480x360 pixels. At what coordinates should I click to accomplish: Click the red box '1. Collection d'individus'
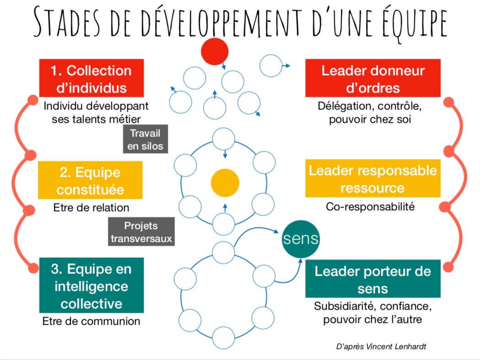92,78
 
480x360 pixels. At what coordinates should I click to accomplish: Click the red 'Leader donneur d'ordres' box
372,78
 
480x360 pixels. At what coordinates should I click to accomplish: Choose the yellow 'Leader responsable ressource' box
372,179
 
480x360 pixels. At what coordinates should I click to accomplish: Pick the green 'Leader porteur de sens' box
372,279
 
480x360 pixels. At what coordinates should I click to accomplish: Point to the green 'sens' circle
300,240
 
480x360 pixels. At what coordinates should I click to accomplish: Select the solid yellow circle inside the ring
225,182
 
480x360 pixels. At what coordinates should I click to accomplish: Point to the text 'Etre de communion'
91,321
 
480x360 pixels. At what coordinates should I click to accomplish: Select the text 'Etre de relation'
91,207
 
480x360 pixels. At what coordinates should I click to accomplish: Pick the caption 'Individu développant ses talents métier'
96,112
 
